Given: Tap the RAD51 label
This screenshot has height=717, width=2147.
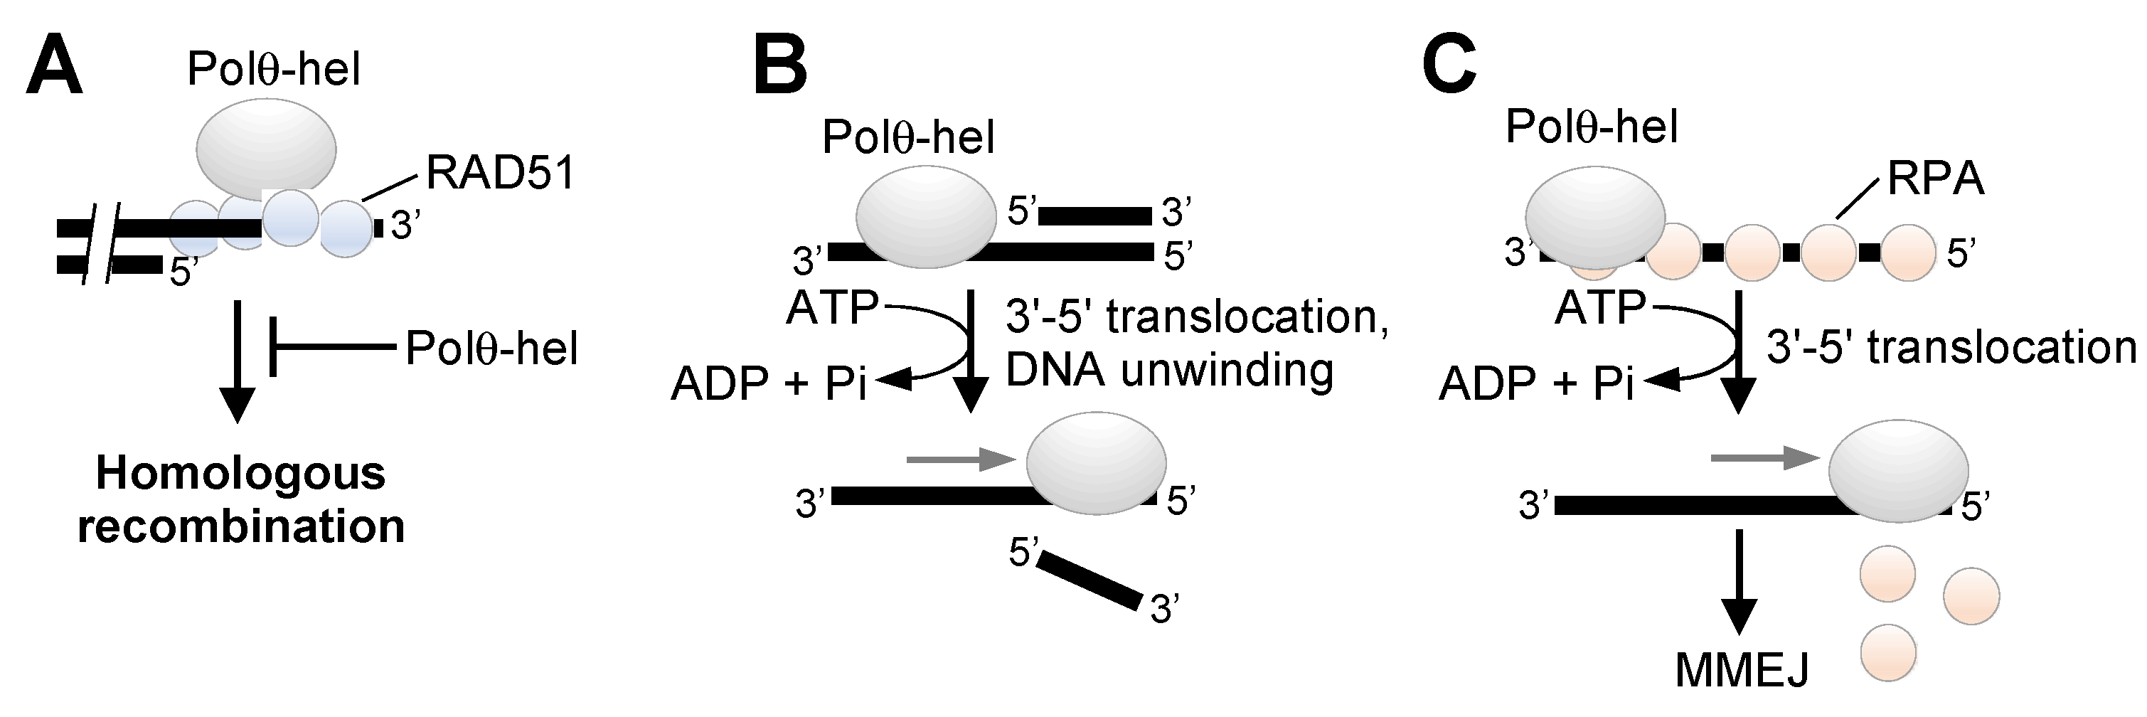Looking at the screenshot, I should click(x=500, y=174).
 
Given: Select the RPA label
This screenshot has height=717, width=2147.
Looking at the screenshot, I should click(x=1935, y=179).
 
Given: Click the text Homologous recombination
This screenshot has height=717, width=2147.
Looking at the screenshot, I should click(x=241, y=499).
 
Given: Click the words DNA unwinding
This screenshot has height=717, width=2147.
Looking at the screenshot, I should click(x=1169, y=368).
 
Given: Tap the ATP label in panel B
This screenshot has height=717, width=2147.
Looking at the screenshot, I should click(x=833, y=308).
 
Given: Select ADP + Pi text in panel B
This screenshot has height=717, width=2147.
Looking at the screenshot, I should click(x=769, y=383).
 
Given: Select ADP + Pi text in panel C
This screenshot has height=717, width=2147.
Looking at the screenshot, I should click(x=1536, y=383).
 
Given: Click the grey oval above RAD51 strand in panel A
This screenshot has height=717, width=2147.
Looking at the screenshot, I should click(x=266, y=149).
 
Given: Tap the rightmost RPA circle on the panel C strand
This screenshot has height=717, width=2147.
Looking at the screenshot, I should click(x=1908, y=253).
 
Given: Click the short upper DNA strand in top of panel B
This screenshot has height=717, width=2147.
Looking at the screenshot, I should click(x=1094, y=216).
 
